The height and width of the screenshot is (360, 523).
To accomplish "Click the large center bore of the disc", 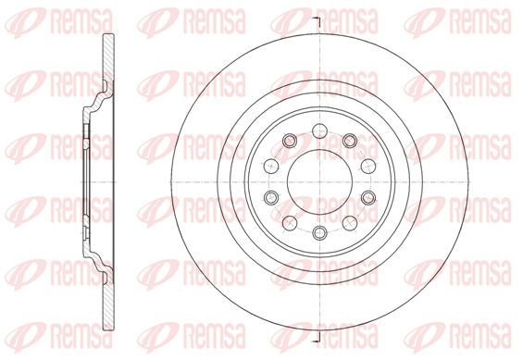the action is pyautogui.click(x=320, y=182).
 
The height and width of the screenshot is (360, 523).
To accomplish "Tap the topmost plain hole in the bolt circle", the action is pyautogui.click(x=320, y=130).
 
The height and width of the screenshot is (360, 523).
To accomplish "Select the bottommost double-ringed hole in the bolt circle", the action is pyautogui.click(x=320, y=232).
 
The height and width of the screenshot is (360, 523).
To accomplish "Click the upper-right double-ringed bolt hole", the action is pyautogui.click(x=350, y=141).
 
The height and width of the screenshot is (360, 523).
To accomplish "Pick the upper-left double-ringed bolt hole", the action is pyautogui.click(x=290, y=141).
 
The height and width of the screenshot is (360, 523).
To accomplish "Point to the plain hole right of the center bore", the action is pyautogui.click(x=368, y=166).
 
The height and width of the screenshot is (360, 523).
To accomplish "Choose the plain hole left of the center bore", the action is pyautogui.click(x=271, y=166).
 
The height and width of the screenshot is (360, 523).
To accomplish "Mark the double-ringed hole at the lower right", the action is pyautogui.click(x=368, y=198).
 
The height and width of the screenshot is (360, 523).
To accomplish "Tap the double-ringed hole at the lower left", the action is pyautogui.click(x=271, y=198).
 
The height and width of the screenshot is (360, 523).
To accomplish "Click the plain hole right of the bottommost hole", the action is pyautogui.click(x=350, y=223).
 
